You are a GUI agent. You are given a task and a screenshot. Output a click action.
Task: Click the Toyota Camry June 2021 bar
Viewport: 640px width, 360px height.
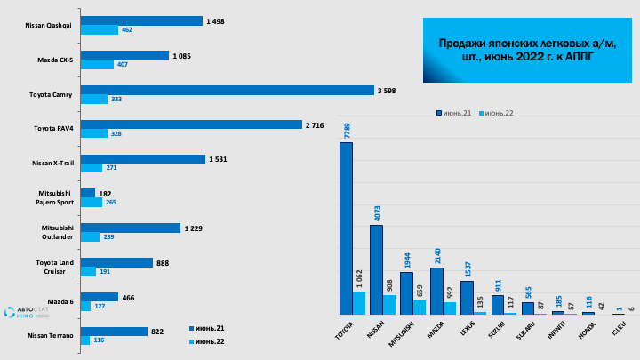(x=227, y=90)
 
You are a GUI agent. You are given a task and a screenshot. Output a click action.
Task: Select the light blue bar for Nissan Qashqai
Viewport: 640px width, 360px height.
(x=100, y=30)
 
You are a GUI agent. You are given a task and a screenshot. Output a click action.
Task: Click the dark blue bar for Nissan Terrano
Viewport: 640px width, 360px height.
(x=114, y=332)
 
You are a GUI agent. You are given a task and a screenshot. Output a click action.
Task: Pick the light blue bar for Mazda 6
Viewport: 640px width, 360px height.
(x=85, y=307)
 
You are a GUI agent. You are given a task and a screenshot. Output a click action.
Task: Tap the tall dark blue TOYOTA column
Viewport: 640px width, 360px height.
(x=346, y=228)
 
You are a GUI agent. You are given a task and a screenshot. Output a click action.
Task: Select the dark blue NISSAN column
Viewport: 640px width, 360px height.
(x=376, y=269)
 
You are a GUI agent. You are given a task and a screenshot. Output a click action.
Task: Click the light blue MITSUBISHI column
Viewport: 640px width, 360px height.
(x=420, y=308)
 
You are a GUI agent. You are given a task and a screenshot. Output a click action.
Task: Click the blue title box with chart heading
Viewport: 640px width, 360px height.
(x=528, y=50)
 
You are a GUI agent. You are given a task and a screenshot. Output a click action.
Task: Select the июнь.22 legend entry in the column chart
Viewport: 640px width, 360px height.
(x=498, y=113)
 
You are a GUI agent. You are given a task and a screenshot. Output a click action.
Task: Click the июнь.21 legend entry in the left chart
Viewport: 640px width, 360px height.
(x=210, y=327)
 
